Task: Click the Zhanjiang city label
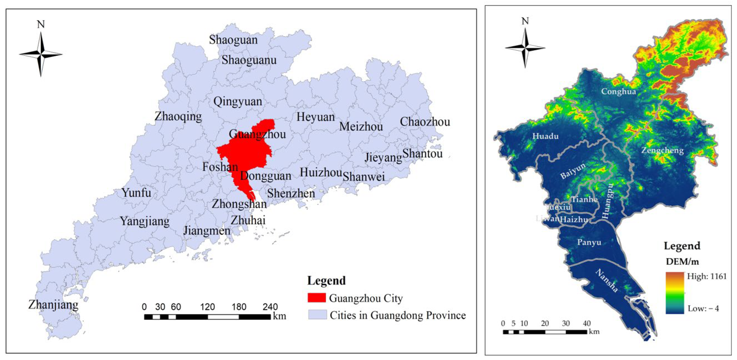(53, 305)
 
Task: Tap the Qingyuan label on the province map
(238, 102)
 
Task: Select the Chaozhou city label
(425, 122)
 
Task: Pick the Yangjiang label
(145, 221)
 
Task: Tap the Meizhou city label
(361, 127)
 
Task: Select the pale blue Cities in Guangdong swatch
(317, 315)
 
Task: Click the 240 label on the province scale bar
(270, 307)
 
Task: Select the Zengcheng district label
(662, 150)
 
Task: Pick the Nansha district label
(607, 280)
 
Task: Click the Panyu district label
(589, 242)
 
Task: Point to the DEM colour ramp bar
(675, 292)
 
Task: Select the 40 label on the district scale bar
(587, 323)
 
